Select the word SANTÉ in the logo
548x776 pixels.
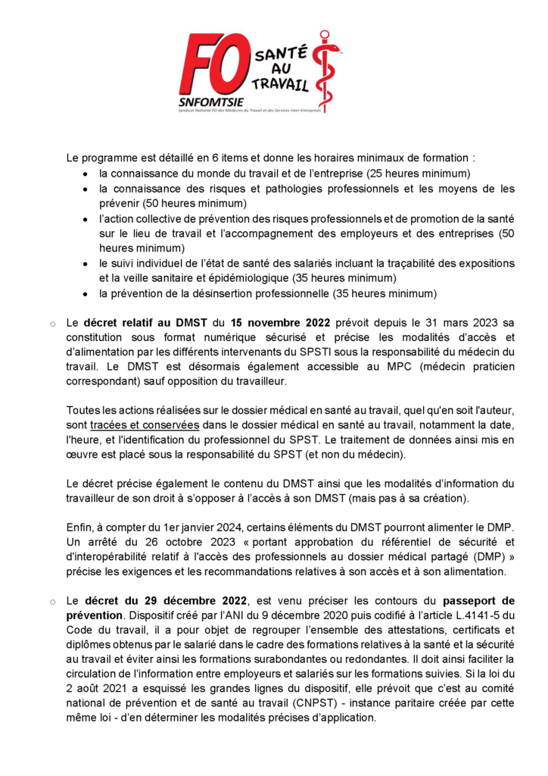point(281,52)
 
